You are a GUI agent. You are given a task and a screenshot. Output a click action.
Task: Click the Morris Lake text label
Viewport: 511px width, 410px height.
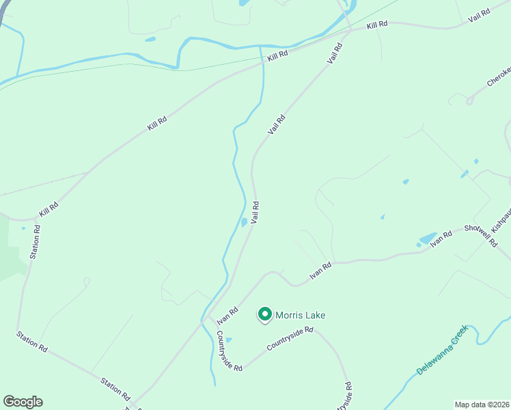301,315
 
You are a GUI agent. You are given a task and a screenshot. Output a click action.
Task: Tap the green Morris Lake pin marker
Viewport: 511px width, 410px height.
265,314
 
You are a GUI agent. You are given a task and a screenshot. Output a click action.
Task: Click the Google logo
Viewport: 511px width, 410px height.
23,402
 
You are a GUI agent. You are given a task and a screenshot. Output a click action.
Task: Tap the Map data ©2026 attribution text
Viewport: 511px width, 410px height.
481,404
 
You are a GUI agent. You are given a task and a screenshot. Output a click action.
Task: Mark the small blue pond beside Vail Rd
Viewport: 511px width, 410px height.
244,223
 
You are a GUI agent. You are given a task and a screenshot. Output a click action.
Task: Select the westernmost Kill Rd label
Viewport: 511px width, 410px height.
49,209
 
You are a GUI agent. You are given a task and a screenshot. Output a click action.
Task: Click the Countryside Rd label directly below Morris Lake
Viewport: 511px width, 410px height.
290,338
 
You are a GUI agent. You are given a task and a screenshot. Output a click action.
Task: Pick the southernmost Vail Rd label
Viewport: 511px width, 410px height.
255,211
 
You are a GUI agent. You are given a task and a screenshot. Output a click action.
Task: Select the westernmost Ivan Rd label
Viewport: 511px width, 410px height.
227,316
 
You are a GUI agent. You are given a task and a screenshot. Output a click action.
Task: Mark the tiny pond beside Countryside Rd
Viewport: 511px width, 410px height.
228,340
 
